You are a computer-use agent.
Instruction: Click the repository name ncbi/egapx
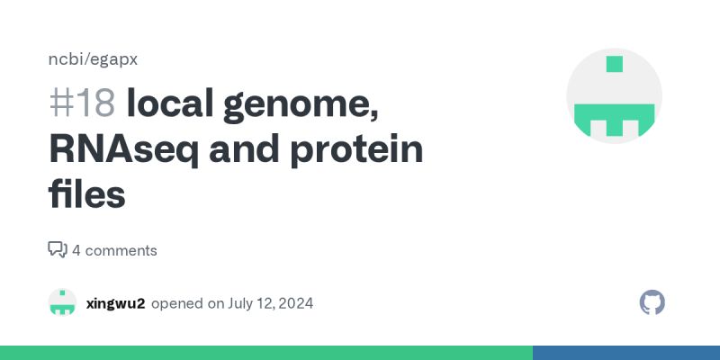pyautogui.click(x=92, y=59)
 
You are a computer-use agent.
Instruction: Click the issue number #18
pyautogui.click(x=82, y=105)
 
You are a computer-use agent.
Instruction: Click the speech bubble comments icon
pyautogui.click(x=58, y=250)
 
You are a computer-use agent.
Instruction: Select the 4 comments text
pyautogui.click(x=114, y=250)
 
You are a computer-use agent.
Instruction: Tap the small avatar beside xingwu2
pyautogui.click(x=62, y=302)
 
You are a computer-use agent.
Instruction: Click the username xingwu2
pyautogui.click(x=115, y=303)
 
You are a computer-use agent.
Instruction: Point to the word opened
pyautogui.click(x=177, y=303)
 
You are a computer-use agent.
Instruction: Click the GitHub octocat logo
pyautogui.click(x=652, y=302)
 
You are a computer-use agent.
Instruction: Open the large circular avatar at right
pyautogui.click(x=614, y=96)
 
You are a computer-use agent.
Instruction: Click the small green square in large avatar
pyautogui.click(x=615, y=64)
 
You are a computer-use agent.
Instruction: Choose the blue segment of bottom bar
pyautogui.click(x=625, y=353)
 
